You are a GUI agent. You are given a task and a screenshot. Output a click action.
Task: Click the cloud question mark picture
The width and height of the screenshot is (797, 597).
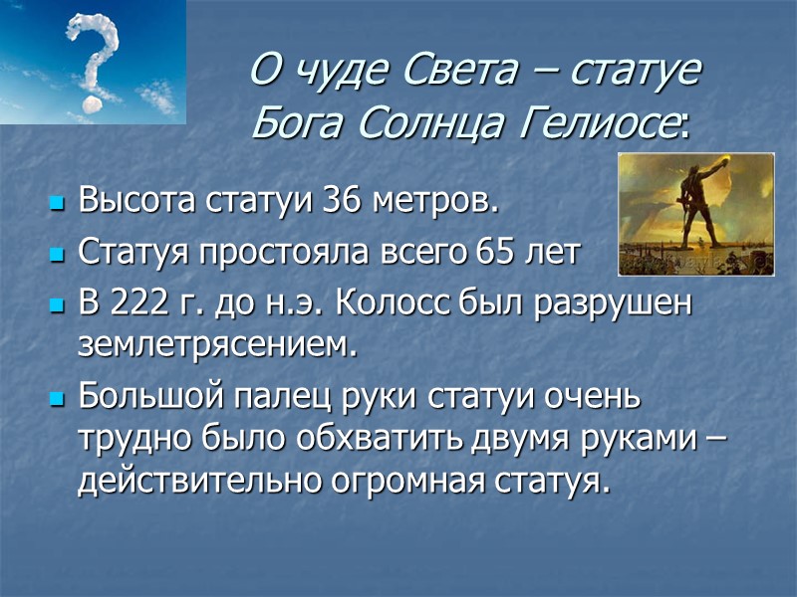tap(93, 62)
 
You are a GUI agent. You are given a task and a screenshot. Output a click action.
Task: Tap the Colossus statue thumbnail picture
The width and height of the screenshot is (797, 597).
tap(695, 213)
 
